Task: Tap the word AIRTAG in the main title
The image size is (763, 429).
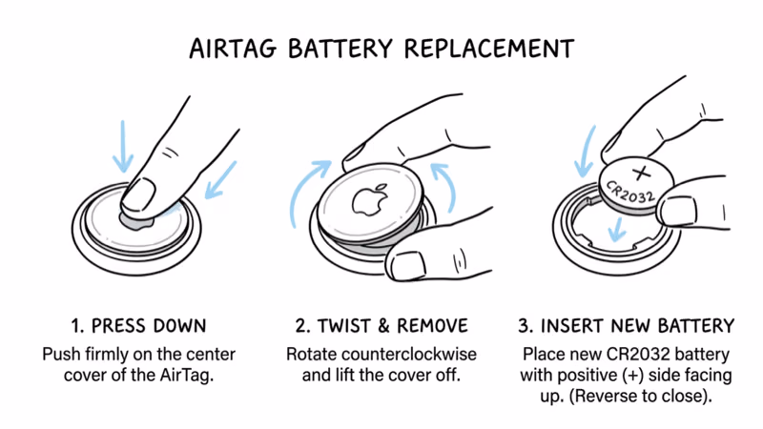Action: [x=233, y=47]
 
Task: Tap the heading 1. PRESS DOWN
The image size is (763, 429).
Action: [x=138, y=324]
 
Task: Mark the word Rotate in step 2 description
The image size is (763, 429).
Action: [x=311, y=354]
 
